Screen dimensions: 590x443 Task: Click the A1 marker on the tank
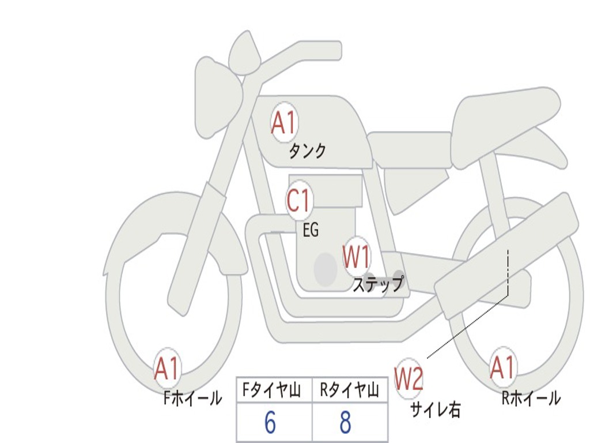283,123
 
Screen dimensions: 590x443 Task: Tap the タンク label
307,151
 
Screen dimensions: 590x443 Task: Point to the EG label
310,230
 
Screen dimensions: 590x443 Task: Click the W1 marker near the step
357,257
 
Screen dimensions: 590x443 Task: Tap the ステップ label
378,284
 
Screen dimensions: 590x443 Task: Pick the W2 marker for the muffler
409,379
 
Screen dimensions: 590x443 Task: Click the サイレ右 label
435,409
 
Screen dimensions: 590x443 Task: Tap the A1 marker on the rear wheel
502,367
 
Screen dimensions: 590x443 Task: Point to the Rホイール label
531,398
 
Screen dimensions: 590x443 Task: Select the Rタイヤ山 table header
349,391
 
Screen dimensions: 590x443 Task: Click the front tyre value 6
270,423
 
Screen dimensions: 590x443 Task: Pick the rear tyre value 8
345,423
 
